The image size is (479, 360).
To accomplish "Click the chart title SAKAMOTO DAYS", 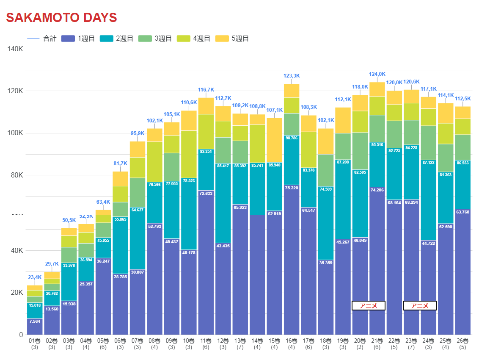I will click(61, 18).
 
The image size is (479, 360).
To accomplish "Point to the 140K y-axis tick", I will click(15, 49).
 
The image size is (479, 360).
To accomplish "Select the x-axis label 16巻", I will click(292, 341).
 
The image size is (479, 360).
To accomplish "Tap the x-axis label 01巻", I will click(35, 341).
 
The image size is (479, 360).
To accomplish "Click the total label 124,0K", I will click(377, 74).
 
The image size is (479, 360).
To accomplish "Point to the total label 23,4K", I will click(35, 278).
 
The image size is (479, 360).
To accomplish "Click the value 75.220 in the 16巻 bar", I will click(292, 188).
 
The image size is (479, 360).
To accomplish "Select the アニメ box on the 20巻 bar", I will click(368, 306).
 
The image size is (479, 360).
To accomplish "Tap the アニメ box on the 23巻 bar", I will click(419, 306).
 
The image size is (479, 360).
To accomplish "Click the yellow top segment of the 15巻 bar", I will click(275, 140).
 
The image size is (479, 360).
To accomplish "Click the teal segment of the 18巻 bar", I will click(326, 224).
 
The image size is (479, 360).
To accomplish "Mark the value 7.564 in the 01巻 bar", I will click(35, 321).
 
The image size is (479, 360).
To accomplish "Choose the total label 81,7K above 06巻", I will click(120, 163).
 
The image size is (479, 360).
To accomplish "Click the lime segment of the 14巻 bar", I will click(257, 144).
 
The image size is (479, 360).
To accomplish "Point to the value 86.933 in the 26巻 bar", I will click(462, 163).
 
